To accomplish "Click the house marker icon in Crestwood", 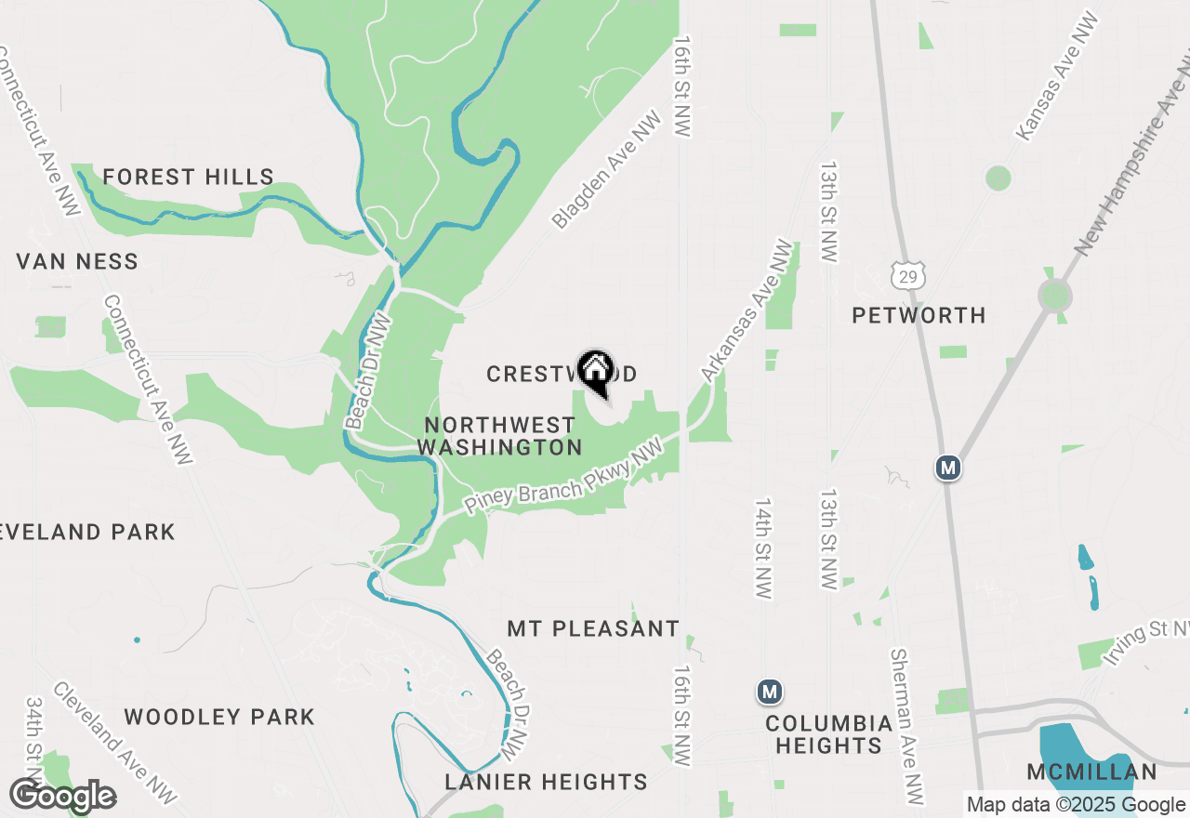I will [x=595, y=370].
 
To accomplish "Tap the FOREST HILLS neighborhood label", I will [x=188, y=177].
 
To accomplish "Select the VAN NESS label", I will [x=77, y=262].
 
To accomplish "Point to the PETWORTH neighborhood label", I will [x=919, y=316].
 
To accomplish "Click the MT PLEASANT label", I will [x=593, y=629].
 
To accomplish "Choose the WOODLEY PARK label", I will [x=219, y=717].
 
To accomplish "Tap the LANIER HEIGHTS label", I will [x=546, y=782].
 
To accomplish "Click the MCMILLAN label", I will [x=1091, y=772].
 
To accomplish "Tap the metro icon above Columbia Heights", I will [x=769, y=692].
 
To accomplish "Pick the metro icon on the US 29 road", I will [x=947, y=468].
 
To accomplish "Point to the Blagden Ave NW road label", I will [x=606, y=170].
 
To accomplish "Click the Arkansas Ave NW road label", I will [x=748, y=311].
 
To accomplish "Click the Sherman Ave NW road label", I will [x=908, y=727].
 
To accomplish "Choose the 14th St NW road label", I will [x=763, y=548].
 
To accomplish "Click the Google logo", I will [x=62, y=797].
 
